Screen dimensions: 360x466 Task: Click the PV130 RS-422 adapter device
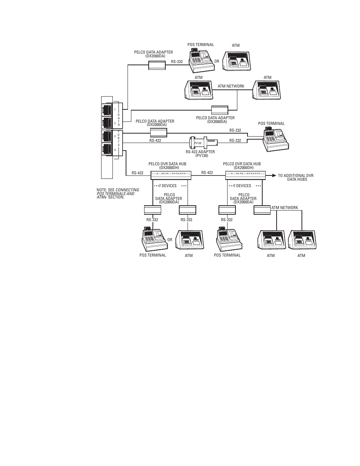tap(203, 143)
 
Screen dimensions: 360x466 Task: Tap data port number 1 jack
tap(107, 110)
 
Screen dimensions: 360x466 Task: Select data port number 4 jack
tap(107, 149)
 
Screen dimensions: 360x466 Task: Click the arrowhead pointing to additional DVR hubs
tap(274, 175)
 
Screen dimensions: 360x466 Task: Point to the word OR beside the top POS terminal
tap(217, 62)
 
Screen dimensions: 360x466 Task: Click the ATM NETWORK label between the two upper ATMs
tap(231, 86)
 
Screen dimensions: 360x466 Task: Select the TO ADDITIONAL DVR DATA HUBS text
tap(296, 177)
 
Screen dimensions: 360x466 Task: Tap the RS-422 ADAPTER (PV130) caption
tap(200, 154)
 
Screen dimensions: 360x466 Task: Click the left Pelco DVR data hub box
tap(171, 175)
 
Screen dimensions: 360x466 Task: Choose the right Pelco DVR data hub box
tap(245, 175)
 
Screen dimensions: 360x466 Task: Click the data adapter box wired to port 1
tap(157, 65)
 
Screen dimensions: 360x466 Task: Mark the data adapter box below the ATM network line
tap(220, 110)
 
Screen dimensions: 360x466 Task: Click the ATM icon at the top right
tap(237, 61)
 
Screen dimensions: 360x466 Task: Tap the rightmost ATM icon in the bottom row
tap(302, 240)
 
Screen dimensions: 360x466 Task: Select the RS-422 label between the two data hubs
tap(207, 173)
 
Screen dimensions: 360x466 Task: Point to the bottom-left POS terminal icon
tap(155, 239)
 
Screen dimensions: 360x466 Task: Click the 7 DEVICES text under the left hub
tap(168, 186)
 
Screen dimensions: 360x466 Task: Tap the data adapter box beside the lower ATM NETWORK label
tap(262, 210)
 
